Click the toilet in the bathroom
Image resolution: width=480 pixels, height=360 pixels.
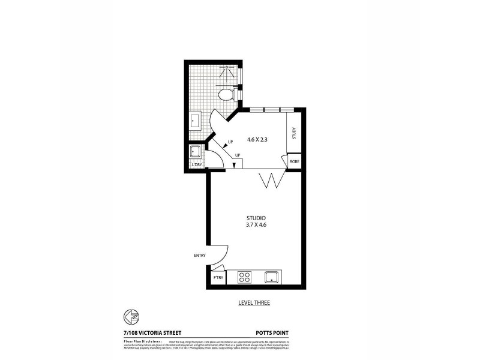coord(226,94)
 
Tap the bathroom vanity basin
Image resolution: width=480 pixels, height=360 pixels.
coord(195,121)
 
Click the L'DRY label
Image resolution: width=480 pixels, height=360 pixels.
coord(196,164)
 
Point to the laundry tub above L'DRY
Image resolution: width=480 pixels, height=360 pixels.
coord(196,151)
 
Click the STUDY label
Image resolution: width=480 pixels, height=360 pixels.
coord(294,133)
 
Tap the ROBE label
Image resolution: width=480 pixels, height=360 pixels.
coord(294,162)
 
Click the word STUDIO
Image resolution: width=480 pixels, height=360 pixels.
coord(256,217)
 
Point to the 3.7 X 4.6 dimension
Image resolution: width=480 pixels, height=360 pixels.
coord(256,225)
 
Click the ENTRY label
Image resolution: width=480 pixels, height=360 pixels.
coord(199,256)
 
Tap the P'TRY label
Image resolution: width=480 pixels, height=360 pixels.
coord(218,278)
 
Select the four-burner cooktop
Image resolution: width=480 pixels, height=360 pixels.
coord(245,277)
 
